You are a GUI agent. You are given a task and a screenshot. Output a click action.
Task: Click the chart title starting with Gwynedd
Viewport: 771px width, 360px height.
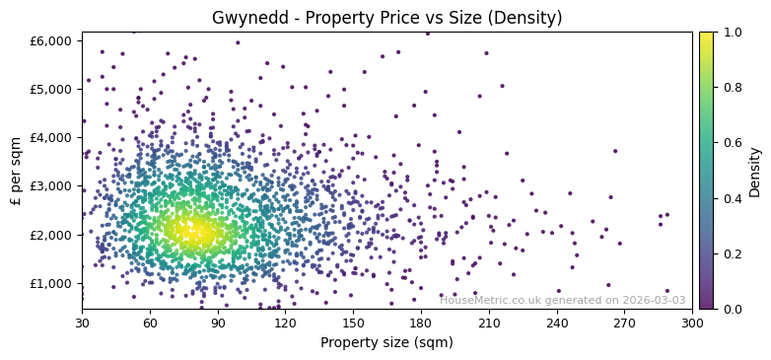pyautogui.click(x=386, y=18)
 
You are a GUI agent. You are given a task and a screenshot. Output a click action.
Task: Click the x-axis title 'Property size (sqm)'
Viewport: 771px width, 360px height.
pyautogui.click(x=386, y=343)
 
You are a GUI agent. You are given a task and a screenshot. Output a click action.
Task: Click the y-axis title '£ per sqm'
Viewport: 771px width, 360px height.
pyautogui.click(x=17, y=171)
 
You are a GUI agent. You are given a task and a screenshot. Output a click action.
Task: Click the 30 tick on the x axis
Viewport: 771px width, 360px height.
pyautogui.click(x=82, y=323)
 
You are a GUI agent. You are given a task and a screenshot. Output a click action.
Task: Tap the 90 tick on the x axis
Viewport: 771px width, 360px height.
pyautogui.click(x=218, y=323)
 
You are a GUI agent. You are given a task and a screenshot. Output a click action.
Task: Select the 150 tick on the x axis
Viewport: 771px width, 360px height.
pyautogui.click(x=353, y=323)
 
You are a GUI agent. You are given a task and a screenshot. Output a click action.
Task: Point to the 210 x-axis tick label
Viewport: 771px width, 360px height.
pyautogui.click(x=489, y=323)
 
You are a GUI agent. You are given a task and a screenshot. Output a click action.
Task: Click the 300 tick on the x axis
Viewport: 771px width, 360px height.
pyautogui.click(x=692, y=323)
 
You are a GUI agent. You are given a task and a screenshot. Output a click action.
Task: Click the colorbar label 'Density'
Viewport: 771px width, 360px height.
pyautogui.click(x=755, y=171)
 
